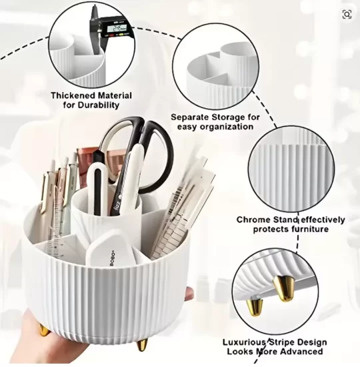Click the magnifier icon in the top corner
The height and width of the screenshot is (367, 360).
[347, 14]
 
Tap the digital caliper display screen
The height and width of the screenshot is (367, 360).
[117, 29]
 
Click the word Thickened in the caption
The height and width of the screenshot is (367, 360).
[73, 95]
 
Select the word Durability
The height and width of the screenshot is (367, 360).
[99, 105]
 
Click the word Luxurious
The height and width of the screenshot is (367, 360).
[243, 342]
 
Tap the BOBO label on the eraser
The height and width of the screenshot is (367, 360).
[113, 258]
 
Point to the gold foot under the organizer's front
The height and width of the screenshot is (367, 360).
[142, 345]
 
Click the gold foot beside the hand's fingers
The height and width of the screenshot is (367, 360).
[44, 330]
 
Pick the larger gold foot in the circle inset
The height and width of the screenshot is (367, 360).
[284, 288]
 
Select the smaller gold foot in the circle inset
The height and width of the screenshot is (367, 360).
[255, 306]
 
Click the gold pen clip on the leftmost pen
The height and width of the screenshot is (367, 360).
[43, 193]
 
